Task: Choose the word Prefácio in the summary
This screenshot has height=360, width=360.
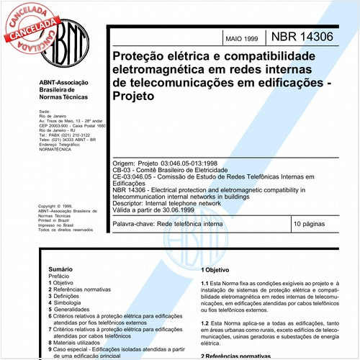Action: (50, 275)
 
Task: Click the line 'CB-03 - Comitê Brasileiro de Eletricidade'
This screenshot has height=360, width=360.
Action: (168, 171)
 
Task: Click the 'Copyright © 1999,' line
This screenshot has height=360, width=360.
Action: (57, 206)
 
